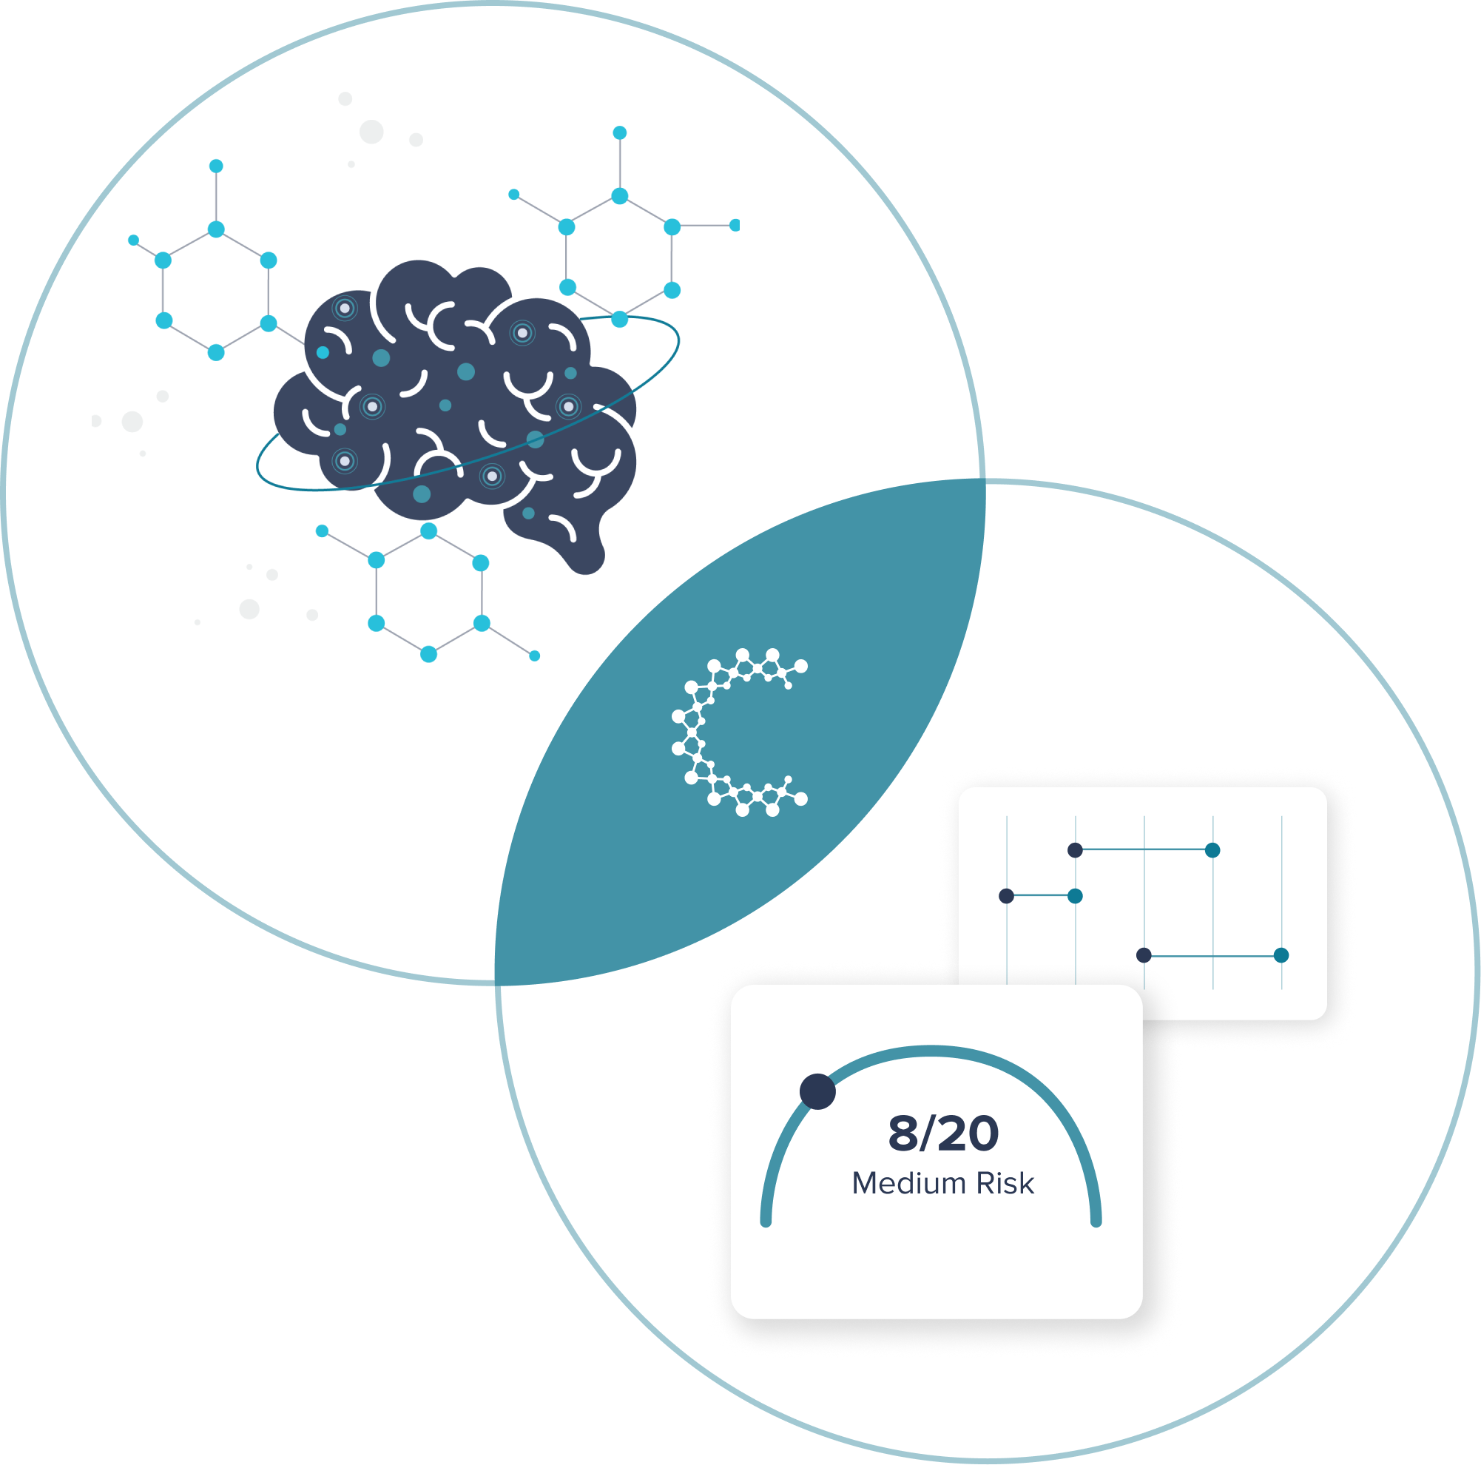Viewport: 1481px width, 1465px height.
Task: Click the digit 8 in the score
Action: (903, 1134)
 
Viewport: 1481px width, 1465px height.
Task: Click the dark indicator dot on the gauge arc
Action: (817, 1091)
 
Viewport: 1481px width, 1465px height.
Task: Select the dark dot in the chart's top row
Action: (1075, 849)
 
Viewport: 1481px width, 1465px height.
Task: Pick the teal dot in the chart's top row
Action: (1212, 849)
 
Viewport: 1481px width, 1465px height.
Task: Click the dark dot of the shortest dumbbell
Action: (1007, 896)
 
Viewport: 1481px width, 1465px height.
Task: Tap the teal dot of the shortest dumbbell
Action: (1075, 896)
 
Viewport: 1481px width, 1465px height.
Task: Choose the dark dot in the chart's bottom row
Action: (1144, 955)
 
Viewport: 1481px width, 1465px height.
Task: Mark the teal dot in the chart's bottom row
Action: (1281, 955)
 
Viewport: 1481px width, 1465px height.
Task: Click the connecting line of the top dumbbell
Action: (1143, 849)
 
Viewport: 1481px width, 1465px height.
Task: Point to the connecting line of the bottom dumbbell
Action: (1212, 956)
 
